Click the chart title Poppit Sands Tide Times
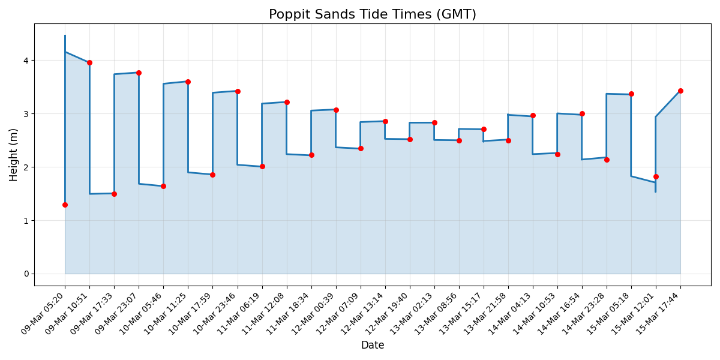tap(372, 14)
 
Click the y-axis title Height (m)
tap(14, 154)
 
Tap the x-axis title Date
tap(372, 345)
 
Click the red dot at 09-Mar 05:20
tap(65, 205)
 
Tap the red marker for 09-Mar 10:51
tap(89, 62)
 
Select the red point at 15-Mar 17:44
tap(680, 91)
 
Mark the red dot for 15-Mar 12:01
tap(656, 176)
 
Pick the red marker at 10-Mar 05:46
tap(163, 186)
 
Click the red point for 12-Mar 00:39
tap(336, 110)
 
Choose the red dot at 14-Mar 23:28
tap(607, 160)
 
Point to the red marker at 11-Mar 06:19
tap(262, 166)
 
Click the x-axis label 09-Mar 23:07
tap(119, 314)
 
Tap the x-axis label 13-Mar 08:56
tap(440, 314)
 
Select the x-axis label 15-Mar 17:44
tap(661, 314)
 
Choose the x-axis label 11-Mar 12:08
tap(268, 314)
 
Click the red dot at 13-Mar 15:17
tap(484, 129)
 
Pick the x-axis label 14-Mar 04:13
tap(514, 314)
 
